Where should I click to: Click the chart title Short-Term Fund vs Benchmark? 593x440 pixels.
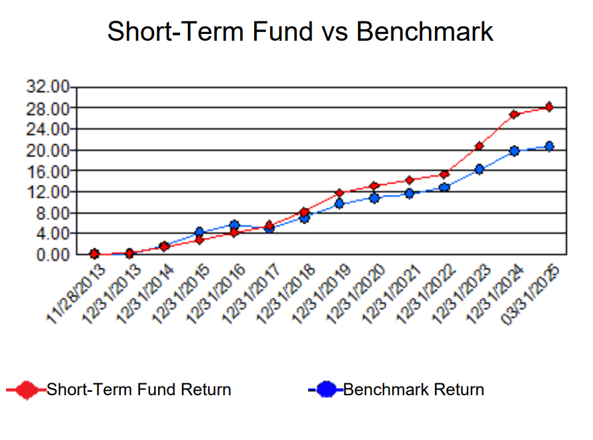[x=300, y=31]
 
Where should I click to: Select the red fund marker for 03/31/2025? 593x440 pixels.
[x=549, y=107]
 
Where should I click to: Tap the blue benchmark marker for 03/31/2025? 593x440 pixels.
[x=549, y=146]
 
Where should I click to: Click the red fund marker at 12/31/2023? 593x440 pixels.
[x=479, y=146]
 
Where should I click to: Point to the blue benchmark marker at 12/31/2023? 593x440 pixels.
[x=479, y=170]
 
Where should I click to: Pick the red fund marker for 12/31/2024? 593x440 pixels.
[x=514, y=114]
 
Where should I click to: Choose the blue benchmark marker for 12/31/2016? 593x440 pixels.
[x=235, y=225]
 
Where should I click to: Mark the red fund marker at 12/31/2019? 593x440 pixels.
[x=340, y=193]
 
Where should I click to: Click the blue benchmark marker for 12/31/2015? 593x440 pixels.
[x=199, y=232]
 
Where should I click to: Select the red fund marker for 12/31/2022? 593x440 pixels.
[x=444, y=174]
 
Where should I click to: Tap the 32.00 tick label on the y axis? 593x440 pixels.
[x=48, y=87]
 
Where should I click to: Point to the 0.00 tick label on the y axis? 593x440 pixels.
[x=53, y=255]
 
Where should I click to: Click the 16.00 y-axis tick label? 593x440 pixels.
[x=48, y=172]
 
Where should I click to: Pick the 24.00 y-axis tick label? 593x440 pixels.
[x=48, y=130]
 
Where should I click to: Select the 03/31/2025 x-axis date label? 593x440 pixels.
[x=530, y=294]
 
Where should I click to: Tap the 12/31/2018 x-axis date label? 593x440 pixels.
[x=285, y=294]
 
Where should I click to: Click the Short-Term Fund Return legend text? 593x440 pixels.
[x=139, y=390]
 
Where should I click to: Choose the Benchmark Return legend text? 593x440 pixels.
[x=414, y=390]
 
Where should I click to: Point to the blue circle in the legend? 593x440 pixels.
[x=326, y=390]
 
